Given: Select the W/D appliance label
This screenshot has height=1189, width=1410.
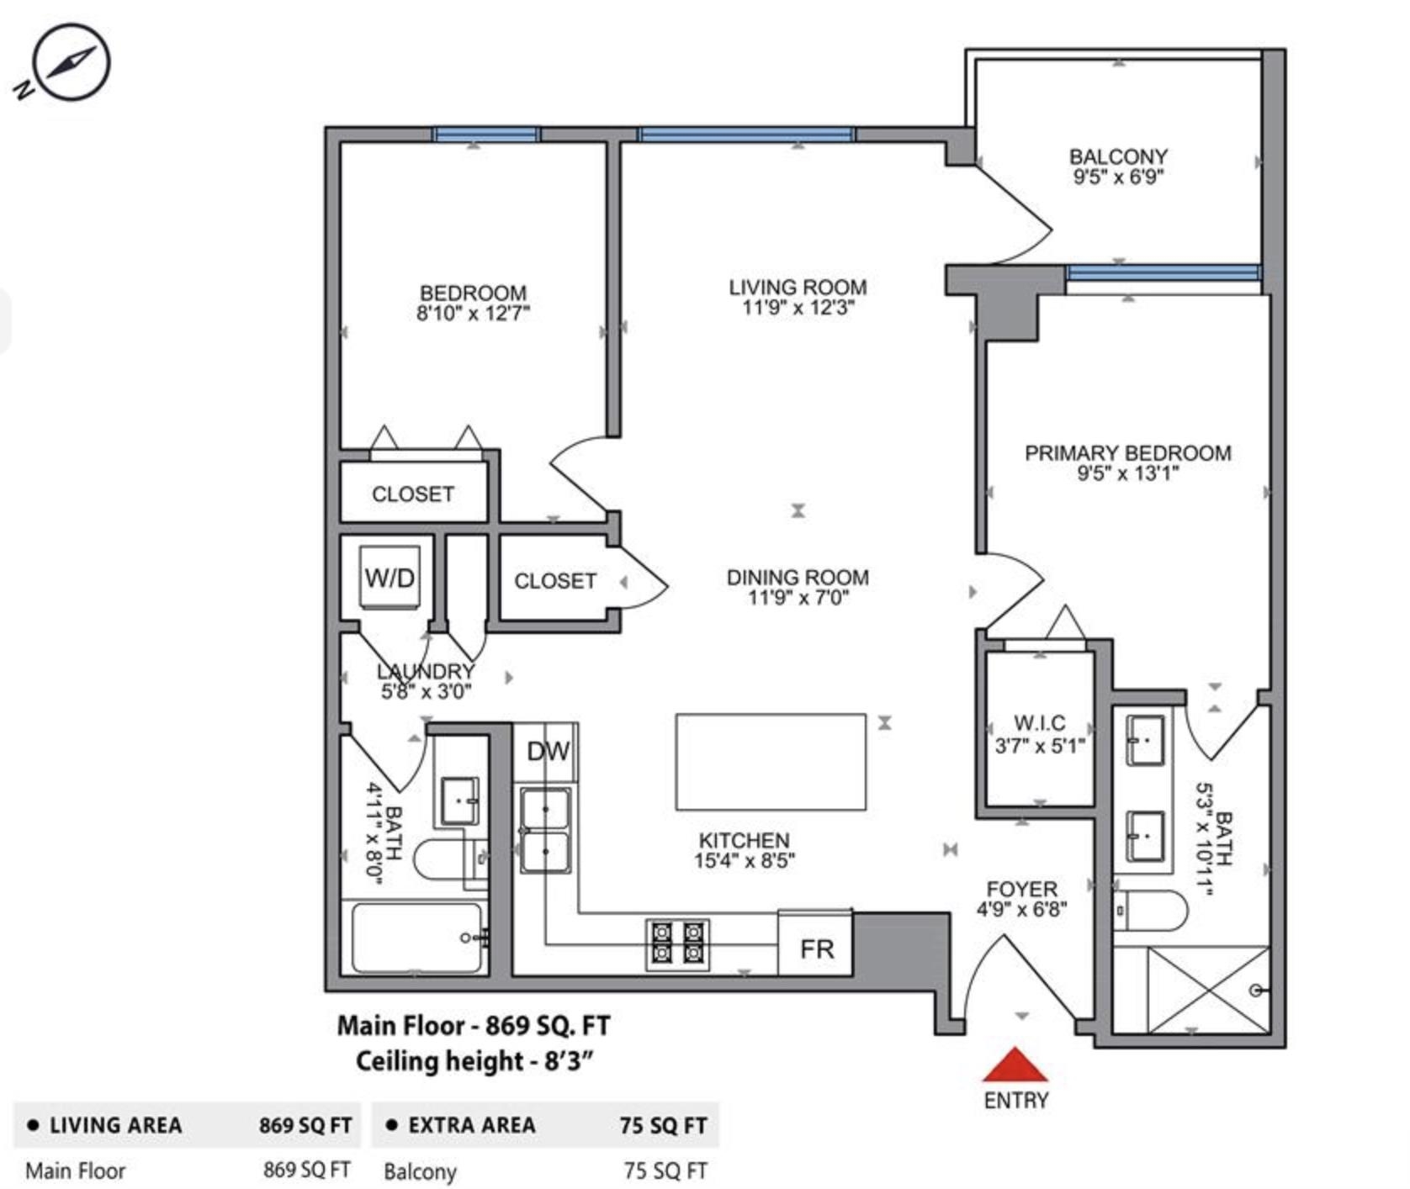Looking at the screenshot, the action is (x=390, y=578).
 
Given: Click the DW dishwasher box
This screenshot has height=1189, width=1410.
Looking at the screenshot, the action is (x=547, y=751).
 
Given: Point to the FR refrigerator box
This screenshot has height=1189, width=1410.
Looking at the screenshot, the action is (x=815, y=943).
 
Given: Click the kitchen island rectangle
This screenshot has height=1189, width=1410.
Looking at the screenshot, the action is (x=771, y=762).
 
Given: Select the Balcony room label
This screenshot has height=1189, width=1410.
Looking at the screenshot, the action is (x=1118, y=157).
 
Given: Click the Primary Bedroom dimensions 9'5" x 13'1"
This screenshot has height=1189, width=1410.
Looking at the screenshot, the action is (x=1127, y=473).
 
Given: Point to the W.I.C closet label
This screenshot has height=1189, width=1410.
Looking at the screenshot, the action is (x=1040, y=723).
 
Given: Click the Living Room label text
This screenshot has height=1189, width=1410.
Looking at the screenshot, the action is (x=798, y=288).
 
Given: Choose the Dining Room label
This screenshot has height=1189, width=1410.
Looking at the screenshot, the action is (x=798, y=578).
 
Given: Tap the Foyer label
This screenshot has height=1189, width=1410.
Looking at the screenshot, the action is (x=1021, y=890).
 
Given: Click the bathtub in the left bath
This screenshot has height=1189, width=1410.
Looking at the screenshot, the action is (x=418, y=937).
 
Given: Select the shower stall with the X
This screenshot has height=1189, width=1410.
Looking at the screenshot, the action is (x=1208, y=989).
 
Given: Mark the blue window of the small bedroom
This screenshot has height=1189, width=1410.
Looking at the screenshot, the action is (x=485, y=135).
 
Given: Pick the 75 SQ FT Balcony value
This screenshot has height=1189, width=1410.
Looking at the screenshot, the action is (x=665, y=1171).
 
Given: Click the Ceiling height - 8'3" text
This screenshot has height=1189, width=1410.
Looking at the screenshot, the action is (x=474, y=1061).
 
